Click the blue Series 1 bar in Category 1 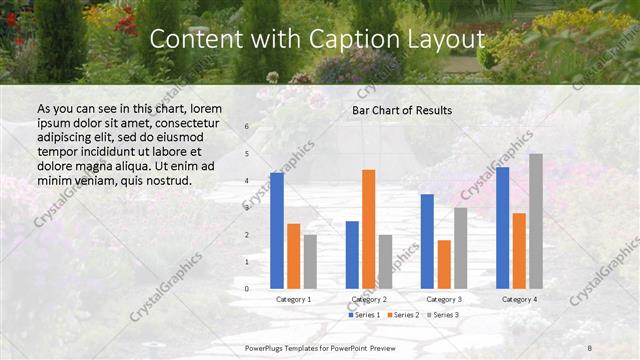pyautogui.click(x=277, y=231)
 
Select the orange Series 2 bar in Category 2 pyautogui.click(x=368, y=229)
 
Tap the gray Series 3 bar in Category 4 pyautogui.click(x=536, y=221)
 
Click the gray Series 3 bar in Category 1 pyautogui.click(x=310, y=262)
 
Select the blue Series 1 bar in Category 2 pyautogui.click(x=352, y=255)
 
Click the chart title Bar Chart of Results pyautogui.click(x=402, y=110)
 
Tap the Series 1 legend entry pyautogui.click(x=364, y=315)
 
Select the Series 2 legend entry pyautogui.click(x=401, y=315)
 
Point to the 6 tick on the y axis pyautogui.click(x=247, y=127)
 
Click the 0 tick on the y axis pyautogui.click(x=247, y=289)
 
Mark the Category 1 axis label pyautogui.click(x=293, y=299)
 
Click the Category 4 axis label pyautogui.click(x=519, y=299)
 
